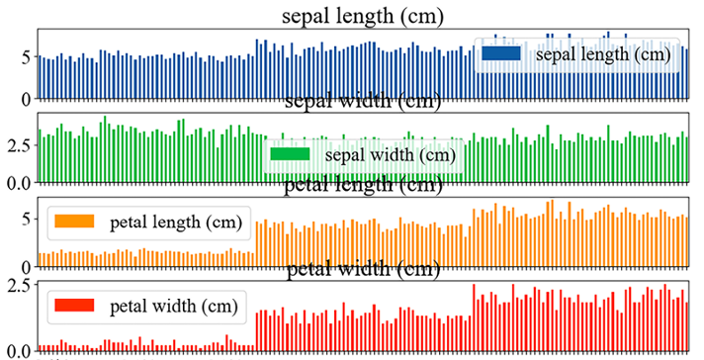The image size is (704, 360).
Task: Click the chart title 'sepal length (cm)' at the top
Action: coord(362,16)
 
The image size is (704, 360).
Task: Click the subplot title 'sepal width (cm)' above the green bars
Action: coord(362,101)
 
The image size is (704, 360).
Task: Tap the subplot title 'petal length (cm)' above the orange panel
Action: coord(362,185)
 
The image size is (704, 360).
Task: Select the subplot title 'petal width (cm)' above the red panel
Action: coord(362,269)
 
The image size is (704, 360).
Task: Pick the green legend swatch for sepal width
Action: coord(292,154)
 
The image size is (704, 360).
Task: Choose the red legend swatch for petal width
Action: coord(74,306)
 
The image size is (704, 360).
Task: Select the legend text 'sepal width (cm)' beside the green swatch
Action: coord(390,154)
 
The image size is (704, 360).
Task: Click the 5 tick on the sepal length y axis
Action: coord(26,57)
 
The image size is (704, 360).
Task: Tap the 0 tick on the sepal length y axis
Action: coord(26,99)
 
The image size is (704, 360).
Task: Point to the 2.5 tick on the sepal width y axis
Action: coord(18,144)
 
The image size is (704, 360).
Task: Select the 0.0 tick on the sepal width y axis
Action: coord(18,183)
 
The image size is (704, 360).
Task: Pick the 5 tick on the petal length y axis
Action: coord(26,218)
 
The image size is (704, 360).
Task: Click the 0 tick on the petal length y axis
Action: coord(26,266)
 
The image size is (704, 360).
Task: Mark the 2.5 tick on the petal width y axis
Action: coord(18,287)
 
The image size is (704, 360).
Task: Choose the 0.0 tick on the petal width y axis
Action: coord(18,350)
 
